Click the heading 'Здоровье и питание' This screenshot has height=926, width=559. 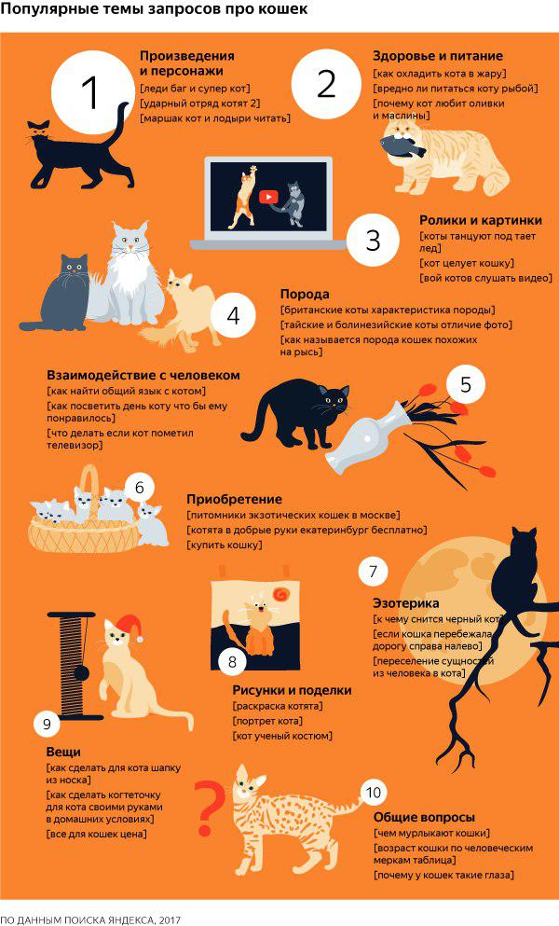[x=437, y=56]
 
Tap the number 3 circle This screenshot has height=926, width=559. [x=373, y=241]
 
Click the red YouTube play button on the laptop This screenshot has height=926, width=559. [x=268, y=197]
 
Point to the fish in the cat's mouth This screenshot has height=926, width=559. [x=402, y=145]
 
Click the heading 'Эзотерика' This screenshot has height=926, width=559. [x=405, y=603]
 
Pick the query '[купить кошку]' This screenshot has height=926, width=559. [x=225, y=546]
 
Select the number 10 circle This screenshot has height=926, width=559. [x=374, y=792]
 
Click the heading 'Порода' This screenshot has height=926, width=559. [x=305, y=294]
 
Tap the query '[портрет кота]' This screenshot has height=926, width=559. [x=268, y=721]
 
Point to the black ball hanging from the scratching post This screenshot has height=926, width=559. [x=81, y=673]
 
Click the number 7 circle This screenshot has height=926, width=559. [x=373, y=572]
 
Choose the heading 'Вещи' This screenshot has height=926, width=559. [x=63, y=753]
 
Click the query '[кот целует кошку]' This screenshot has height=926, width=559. [x=467, y=263]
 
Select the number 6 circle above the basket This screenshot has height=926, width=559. [x=140, y=488]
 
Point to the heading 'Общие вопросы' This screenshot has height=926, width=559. [x=424, y=817]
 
